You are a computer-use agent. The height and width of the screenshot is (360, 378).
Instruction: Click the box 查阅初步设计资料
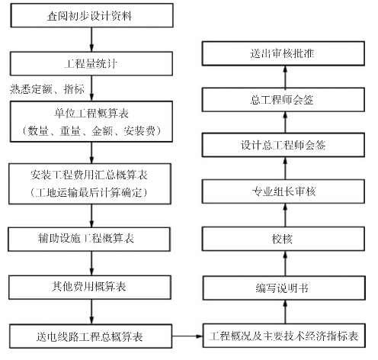pyautogui.click(x=91, y=15)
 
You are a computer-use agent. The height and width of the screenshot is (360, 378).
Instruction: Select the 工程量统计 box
pyautogui.click(x=91, y=63)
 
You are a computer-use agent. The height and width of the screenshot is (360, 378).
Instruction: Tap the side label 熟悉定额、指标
pyautogui.click(x=47, y=89)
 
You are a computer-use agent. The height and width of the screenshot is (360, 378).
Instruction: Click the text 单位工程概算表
pyautogui.click(x=91, y=114)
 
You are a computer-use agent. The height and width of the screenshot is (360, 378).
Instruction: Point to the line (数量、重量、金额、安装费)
pyautogui.click(x=91, y=131)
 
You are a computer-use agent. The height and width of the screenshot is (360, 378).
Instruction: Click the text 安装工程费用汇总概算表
pyautogui.click(x=89, y=175)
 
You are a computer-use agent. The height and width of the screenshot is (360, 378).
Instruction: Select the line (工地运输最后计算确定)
pyautogui.click(x=89, y=192)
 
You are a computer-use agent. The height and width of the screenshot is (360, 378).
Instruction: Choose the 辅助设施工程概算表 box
pyautogui.click(x=89, y=239)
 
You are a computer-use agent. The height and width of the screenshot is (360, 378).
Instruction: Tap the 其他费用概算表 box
pyautogui.click(x=90, y=287)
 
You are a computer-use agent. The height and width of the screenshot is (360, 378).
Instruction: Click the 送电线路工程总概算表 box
pyautogui.click(x=91, y=336)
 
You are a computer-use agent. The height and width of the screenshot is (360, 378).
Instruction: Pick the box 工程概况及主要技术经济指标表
pyautogui.click(x=284, y=336)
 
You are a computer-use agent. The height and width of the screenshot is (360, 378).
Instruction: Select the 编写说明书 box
pyautogui.click(x=284, y=288)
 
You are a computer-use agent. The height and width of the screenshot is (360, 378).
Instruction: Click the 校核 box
pyautogui.click(x=283, y=239)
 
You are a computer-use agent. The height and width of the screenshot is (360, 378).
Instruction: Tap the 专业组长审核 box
pyautogui.click(x=283, y=191)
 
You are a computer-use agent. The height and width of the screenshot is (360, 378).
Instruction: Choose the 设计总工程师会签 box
pyautogui.click(x=283, y=145)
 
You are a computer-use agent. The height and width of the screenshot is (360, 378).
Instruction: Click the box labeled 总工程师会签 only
pyautogui.click(x=283, y=100)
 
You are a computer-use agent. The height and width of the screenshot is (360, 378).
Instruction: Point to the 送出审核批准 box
pyautogui.click(x=283, y=53)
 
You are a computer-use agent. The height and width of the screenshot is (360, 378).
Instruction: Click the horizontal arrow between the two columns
pyautogui.click(x=187, y=336)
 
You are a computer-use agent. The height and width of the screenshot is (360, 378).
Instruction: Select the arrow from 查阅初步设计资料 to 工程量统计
pyautogui.click(x=91, y=40)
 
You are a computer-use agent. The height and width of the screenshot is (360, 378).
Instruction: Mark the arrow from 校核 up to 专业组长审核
pyautogui.click(x=285, y=215)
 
